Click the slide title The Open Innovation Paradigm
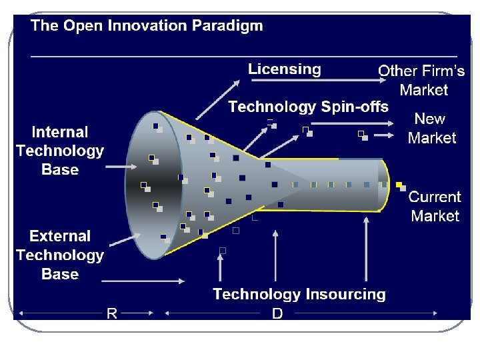click(x=147, y=26)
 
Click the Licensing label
click(x=285, y=69)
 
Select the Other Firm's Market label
click(x=421, y=80)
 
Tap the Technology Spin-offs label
click(x=308, y=107)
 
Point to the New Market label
click(x=431, y=128)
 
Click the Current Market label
click(x=435, y=206)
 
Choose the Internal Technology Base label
click(x=60, y=151)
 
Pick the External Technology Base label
click(x=60, y=255)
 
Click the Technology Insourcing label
click(x=299, y=294)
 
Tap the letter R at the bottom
click(x=112, y=313)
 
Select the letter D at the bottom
click(x=277, y=313)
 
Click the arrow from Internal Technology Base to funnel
click(x=123, y=165)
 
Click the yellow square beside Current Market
click(x=399, y=185)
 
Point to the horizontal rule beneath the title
click(x=244, y=56)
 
